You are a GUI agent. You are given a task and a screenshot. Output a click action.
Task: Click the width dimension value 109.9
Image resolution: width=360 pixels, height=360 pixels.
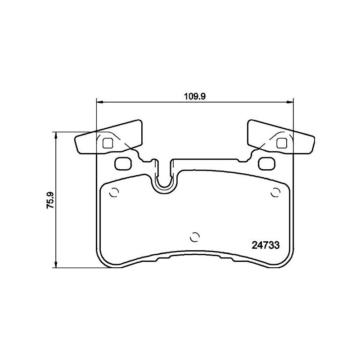(x=194, y=95)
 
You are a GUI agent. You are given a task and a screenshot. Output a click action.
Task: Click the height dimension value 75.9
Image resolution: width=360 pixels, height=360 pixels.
(x=50, y=200)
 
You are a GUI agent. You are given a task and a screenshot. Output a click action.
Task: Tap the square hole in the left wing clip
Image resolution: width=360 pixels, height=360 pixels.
(x=108, y=143)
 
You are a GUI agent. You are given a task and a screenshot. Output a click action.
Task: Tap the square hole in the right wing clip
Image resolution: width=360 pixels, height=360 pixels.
(x=282, y=143)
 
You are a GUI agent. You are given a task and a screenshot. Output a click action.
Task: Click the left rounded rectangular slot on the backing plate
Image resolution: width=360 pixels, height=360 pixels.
(x=122, y=164)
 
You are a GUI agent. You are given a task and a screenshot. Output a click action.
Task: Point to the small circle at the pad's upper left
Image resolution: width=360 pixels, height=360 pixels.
(x=114, y=192)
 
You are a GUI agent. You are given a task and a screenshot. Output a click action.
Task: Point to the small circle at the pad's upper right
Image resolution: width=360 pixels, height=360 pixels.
(x=275, y=192)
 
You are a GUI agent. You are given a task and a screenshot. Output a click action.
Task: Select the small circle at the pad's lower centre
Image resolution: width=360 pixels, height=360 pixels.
(x=194, y=237)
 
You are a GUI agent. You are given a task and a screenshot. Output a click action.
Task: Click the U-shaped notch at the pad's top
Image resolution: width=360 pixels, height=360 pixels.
(x=164, y=180)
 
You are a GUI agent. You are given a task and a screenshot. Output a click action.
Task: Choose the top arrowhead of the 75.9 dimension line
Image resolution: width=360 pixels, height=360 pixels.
(x=56, y=135)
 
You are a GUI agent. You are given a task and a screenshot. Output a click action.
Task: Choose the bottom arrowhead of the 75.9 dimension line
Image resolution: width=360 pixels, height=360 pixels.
(x=56, y=265)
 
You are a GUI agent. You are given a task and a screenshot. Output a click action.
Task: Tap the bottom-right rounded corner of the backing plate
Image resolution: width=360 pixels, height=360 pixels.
(x=286, y=262)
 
